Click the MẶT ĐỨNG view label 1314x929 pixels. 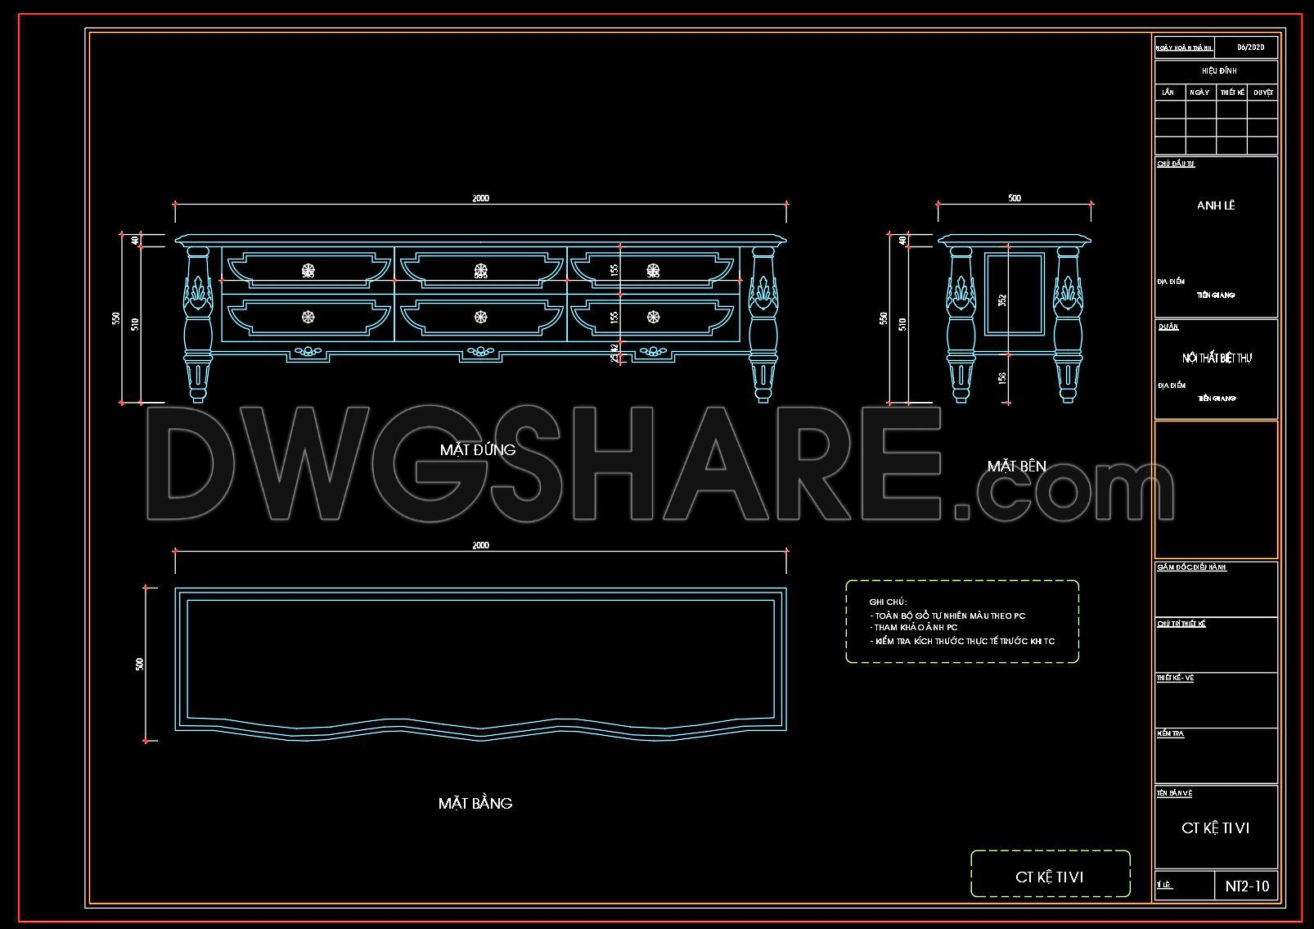point(477,450)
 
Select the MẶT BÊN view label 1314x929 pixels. point(1016,467)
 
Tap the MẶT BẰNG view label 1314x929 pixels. point(475,804)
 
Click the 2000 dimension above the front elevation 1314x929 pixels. point(480,198)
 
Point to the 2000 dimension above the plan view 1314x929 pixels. point(480,545)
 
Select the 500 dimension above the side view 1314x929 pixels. point(1014,198)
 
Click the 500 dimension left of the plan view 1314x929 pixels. point(139,664)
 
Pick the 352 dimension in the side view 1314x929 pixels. point(1002,300)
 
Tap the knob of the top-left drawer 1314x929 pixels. point(308,269)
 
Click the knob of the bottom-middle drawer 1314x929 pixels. point(480,317)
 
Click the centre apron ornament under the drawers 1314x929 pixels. point(479,353)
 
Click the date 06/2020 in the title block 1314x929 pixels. point(1250,47)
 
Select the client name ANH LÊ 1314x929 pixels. point(1216,205)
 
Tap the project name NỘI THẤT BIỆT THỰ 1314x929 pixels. point(1217,359)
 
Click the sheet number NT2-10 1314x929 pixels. point(1247,886)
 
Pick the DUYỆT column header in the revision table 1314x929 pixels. point(1262,92)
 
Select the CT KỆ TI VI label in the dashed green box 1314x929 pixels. point(1050,877)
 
